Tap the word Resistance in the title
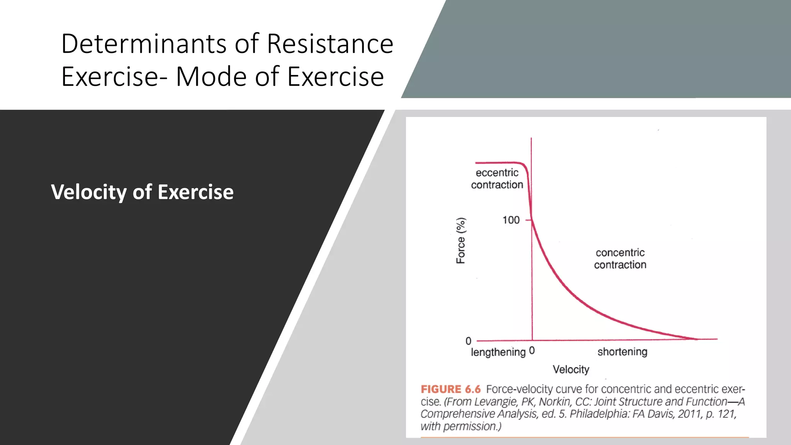[330, 44]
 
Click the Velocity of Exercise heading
[142, 192]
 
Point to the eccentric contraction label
[497, 179]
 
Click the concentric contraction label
[620, 259]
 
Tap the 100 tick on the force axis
[511, 220]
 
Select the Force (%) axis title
[461, 241]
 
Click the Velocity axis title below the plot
[571, 370]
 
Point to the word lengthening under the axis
[498, 352]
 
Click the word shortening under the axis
[622, 352]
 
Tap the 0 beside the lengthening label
[532, 351]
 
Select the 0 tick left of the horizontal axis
[468, 341]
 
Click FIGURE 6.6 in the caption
[450, 389]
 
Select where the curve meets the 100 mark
[532, 220]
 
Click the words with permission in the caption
[461, 426]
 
